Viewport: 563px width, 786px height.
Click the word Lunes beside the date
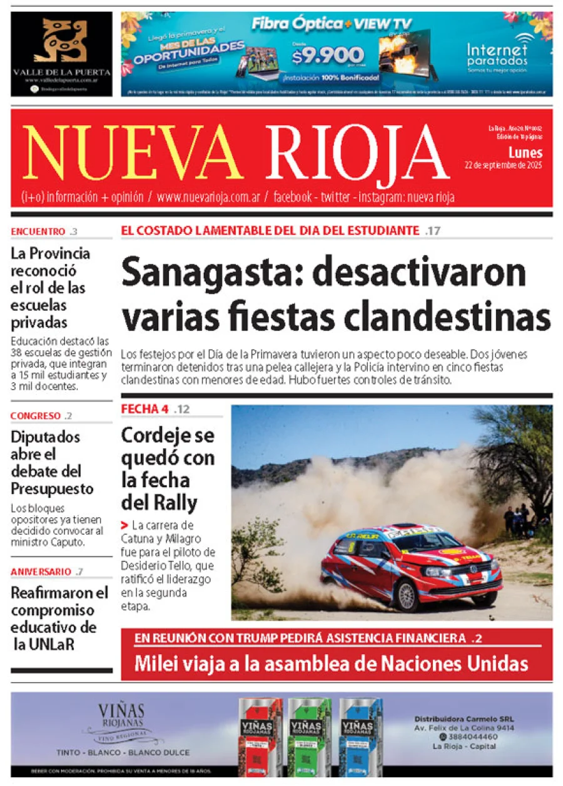[x=525, y=153]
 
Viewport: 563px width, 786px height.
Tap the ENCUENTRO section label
[x=38, y=231]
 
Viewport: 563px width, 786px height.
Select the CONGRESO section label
[x=36, y=416]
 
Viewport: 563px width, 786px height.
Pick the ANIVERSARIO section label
[x=41, y=572]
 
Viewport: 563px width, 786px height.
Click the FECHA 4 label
[x=145, y=410]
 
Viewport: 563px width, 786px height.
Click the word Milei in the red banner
[x=156, y=663]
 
